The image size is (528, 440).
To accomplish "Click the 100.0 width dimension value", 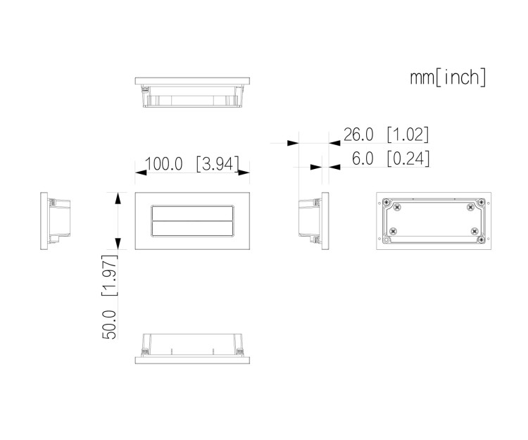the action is [163, 164].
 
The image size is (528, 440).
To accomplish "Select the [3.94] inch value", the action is [218, 164].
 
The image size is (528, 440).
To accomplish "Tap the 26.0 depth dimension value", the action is [358, 134].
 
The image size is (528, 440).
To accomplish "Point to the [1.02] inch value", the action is [408, 134].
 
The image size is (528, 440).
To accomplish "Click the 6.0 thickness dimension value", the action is [363, 158].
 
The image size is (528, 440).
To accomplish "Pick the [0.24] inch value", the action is [408, 158].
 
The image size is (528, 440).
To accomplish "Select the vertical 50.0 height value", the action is [109, 325].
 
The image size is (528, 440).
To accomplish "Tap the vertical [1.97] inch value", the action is [110, 275].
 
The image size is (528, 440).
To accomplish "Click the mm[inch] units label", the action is [448, 77].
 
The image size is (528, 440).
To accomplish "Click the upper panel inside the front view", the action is [192, 213].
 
